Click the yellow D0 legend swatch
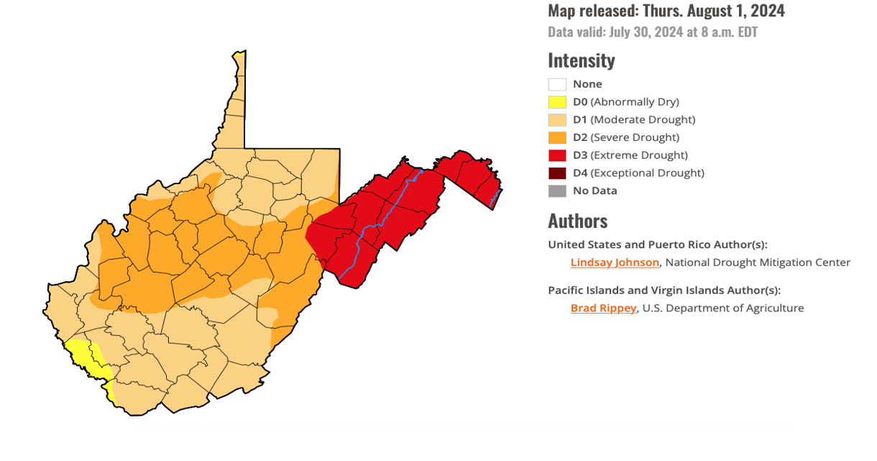point(557,102)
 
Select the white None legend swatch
point(557,84)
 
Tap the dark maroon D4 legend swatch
point(557,173)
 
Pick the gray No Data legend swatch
point(557,191)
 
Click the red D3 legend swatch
point(557,155)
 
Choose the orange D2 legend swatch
point(557,137)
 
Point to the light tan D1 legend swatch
point(557,120)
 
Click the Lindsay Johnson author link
point(615,263)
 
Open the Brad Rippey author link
point(603,308)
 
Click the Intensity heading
point(581,60)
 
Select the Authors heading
point(577,220)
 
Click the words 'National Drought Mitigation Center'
point(758,263)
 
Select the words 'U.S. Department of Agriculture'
point(723,308)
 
